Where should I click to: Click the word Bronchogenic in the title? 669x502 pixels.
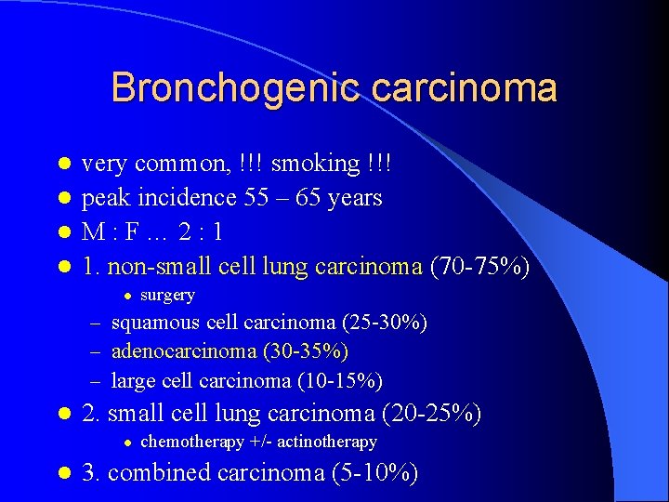click(x=232, y=88)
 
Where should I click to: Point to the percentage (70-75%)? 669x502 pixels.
click(x=479, y=268)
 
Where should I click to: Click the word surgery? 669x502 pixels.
click(x=167, y=296)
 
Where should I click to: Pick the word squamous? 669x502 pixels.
click(x=155, y=323)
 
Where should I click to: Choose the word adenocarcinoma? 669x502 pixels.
click(x=184, y=351)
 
